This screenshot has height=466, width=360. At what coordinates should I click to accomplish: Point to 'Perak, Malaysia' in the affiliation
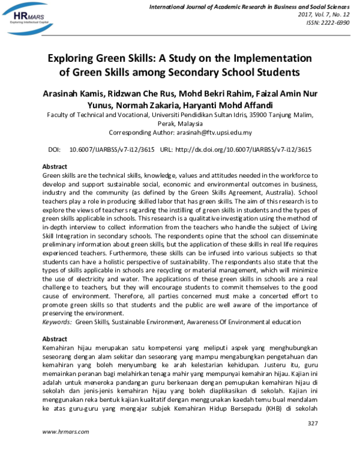(180, 123)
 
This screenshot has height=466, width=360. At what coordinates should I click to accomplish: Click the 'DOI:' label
(54, 149)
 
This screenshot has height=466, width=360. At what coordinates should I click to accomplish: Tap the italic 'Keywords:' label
(57, 322)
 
